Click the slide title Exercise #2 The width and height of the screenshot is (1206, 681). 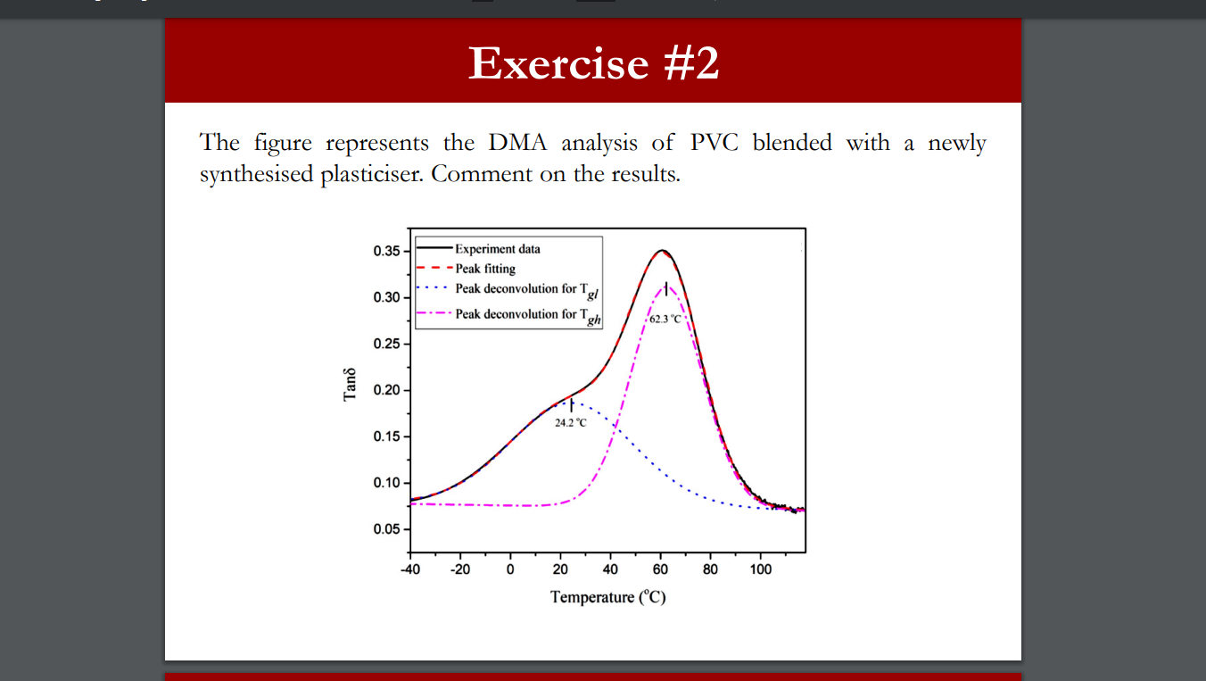click(593, 62)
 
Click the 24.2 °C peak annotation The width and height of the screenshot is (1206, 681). click(571, 422)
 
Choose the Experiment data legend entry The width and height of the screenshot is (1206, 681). click(497, 249)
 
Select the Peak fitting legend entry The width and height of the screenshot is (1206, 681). click(485, 268)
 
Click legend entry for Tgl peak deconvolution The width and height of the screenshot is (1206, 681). click(521, 290)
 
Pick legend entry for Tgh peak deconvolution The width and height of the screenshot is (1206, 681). click(522, 315)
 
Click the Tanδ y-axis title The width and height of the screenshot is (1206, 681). click(351, 384)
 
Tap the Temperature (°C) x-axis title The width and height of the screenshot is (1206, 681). click(607, 597)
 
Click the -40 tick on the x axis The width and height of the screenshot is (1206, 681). click(410, 569)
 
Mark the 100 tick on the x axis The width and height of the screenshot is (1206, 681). click(760, 569)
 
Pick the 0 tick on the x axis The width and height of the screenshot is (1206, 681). click(510, 569)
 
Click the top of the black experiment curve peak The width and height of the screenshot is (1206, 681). click(661, 250)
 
